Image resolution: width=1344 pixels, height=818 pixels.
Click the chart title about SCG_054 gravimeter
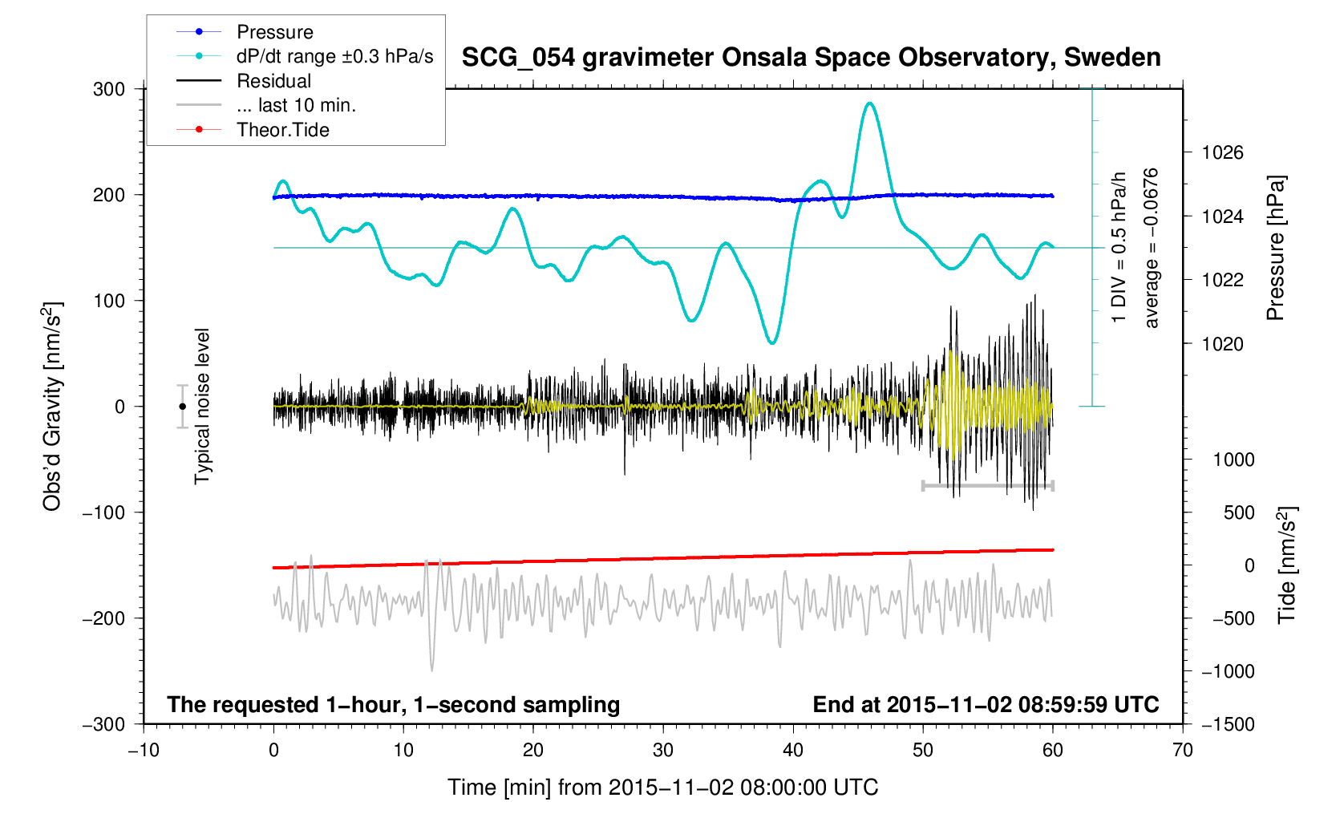[x=811, y=58]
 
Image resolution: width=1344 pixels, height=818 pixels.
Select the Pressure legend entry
[x=274, y=32]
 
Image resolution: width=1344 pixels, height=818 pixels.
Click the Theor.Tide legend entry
[x=282, y=130]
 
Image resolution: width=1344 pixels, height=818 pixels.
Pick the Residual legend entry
[x=273, y=81]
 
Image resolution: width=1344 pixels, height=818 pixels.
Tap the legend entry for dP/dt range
[x=334, y=56]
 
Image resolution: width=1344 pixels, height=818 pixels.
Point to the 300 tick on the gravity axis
[x=109, y=89]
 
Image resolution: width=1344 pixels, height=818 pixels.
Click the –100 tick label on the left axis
[x=104, y=512]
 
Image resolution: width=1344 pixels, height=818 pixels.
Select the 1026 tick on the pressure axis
[x=1222, y=152]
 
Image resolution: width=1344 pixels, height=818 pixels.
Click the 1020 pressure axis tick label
[x=1222, y=344]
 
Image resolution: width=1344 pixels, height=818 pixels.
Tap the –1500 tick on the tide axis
[x=1228, y=724]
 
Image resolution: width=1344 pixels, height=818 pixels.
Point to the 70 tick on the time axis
[x=1182, y=751]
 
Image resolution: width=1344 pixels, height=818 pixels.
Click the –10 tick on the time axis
[x=144, y=751]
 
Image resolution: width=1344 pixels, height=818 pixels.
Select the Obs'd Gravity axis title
[x=52, y=407]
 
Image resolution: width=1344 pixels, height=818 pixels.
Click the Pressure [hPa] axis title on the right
[x=1275, y=248]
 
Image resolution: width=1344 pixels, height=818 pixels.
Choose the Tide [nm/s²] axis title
[x=1286, y=565]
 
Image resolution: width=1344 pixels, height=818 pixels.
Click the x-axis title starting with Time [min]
[x=662, y=788]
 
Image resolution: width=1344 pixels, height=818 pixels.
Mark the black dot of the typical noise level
[x=182, y=407]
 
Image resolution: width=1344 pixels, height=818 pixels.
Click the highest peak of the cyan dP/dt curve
[x=869, y=103]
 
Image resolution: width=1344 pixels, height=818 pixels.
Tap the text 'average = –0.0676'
[x=1152, y=248]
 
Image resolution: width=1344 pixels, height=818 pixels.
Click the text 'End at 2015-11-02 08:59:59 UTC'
[x=986, y=705]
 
